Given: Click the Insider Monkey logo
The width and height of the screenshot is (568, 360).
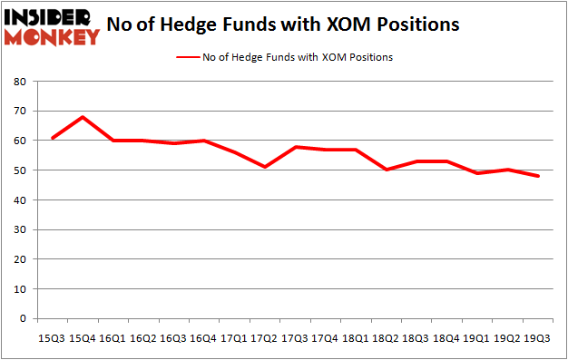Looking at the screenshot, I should point(52,25).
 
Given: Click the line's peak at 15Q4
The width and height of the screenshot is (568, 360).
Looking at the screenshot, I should point(83,117).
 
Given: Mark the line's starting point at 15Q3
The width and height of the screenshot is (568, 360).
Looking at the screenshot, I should point(53,138).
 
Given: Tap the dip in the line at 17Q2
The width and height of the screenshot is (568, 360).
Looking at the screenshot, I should point(264,167).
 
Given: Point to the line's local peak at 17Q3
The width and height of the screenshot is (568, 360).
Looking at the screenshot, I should point(295,146).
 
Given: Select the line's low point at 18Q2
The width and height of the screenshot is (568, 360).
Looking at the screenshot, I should point(386,170).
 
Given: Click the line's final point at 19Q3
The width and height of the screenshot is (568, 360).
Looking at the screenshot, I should point(537,176).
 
